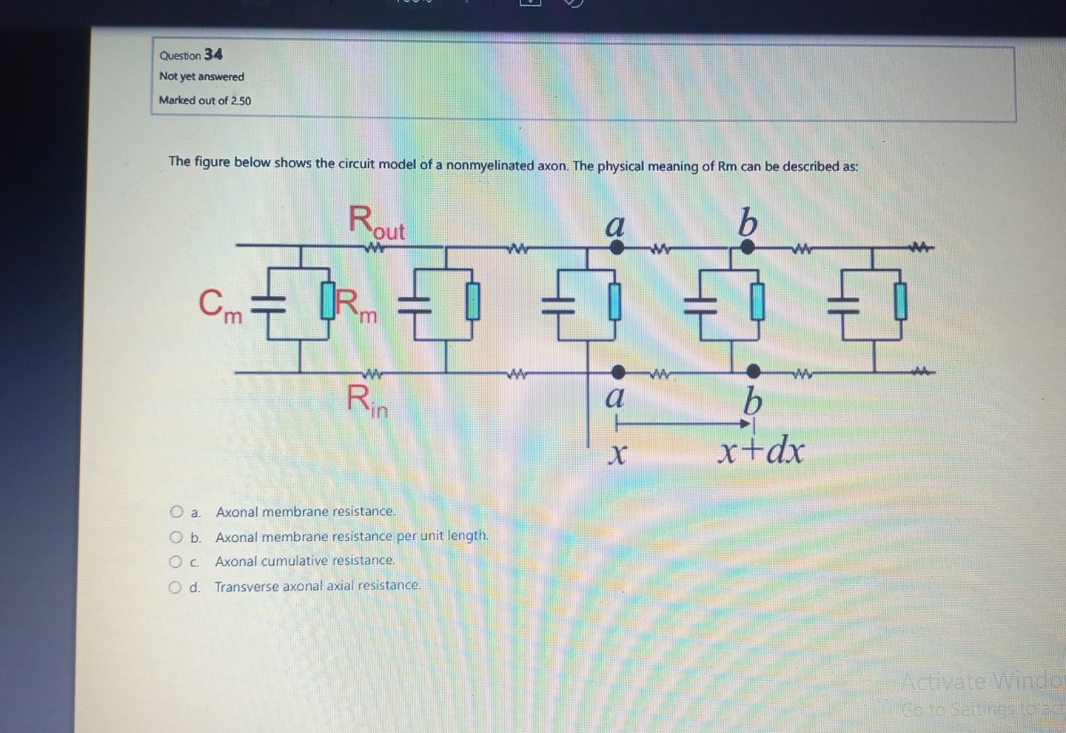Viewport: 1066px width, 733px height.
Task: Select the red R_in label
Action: pos(367,400)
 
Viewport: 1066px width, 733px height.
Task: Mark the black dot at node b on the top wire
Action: pos(746,247)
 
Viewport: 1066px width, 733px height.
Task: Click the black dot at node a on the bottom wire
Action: pos(618,371)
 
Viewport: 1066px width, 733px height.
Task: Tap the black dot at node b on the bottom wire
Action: pos(753,371)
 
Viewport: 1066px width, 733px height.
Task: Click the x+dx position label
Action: pos(762,450)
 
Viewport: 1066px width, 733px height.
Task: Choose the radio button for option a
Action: pos(176,511)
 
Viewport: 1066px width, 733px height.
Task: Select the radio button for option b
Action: pos(176,538)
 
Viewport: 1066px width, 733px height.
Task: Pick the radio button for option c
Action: pos(175,562)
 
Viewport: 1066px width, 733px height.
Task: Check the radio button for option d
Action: pos(174,586)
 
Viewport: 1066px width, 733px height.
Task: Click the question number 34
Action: pos(213,54)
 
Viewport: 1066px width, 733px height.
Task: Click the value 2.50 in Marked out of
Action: pos(241,100)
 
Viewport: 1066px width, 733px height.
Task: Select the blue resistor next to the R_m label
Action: pos(328,303)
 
